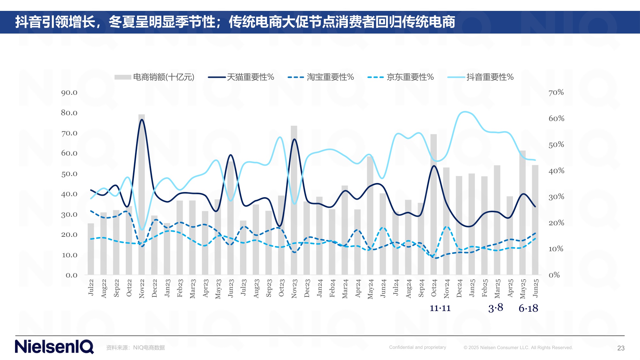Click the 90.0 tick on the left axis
(69, 93)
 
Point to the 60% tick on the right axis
(556, 118)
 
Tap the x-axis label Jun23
(231, 288)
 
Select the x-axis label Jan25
(472, 288)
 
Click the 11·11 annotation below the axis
(440, 308)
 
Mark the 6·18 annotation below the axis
(528, 308)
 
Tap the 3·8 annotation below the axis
(496, 308)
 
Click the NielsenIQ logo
(54, 347)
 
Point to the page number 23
(621, 348)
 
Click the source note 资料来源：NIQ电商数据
(135, 348)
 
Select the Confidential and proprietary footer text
(417, 347)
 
